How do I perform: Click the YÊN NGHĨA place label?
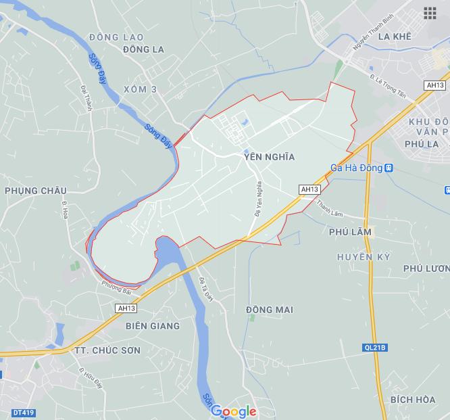pos(270,157)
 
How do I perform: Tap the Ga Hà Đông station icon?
pos(389,168)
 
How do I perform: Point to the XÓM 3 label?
pos(141,89)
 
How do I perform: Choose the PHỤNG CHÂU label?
pos(35,191)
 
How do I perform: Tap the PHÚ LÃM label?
pos(350,232)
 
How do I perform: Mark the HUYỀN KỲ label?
pos(364,258)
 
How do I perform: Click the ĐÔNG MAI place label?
pos(270,310)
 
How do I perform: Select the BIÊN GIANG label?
pos(153,326)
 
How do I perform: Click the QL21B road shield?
pos(374,348)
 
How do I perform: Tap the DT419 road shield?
pos(23,413)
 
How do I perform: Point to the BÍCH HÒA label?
pos(412,400)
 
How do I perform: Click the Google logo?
pos(234,411)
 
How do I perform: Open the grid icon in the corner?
pos(430,13)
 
